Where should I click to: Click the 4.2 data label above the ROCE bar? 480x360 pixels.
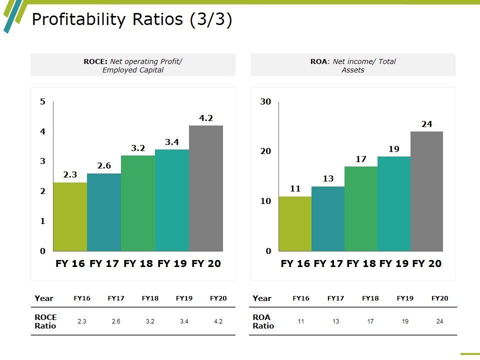tap(206, 118)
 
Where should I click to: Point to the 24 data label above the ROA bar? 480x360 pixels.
tap(426, 124)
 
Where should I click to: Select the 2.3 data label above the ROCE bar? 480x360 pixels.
tap(70, 174)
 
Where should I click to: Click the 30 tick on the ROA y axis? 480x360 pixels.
tap(265, 101)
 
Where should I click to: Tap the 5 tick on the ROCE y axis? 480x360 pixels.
tap(43, 101)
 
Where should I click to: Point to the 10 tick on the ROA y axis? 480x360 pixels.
tap(265, 201)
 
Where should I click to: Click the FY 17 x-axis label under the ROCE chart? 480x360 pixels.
tap(104, 263)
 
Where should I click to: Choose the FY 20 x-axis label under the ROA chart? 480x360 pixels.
tap(426, 263)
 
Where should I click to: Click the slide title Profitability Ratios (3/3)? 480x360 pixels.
tap(132, 19)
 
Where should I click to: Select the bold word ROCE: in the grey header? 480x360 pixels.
tap(95, 61)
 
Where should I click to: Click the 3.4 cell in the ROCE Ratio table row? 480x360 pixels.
tap(184, 321)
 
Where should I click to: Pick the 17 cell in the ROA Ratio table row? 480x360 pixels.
tap(370, 321)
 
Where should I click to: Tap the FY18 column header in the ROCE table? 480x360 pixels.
tap(150, 298)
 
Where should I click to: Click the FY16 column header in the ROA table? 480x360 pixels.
tap(301, 298)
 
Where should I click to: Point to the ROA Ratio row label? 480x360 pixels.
tap(263, 321)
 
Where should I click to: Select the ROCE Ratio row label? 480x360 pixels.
tap(45, 321)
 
